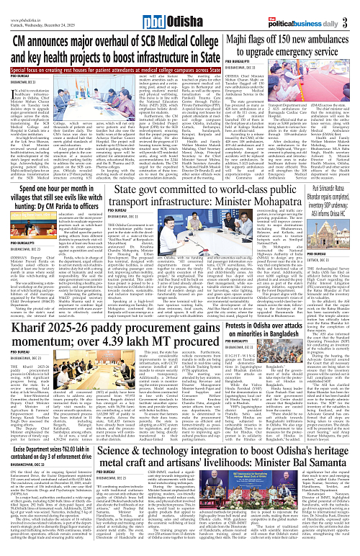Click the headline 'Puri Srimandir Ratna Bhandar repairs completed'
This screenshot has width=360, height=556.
tap(325, 184)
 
